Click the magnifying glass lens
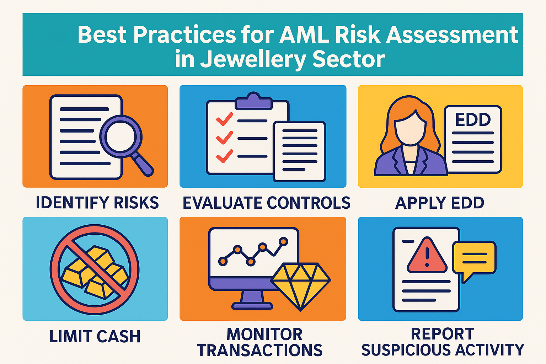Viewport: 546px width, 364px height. (121, 136)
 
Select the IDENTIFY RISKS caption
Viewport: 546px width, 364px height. (97, 203)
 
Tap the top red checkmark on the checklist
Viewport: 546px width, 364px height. (225, 119)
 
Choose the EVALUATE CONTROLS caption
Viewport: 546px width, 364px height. (266, 203)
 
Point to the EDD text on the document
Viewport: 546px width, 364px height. (473, 119)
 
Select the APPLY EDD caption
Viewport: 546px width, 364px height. (440, 203)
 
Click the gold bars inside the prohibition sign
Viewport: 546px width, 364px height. (95, 272)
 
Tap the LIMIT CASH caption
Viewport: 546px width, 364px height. (95, 336)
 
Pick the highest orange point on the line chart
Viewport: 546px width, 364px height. (283, 241)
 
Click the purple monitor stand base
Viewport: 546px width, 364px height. (252, 306)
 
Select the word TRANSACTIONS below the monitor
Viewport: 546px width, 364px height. (259, 350)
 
